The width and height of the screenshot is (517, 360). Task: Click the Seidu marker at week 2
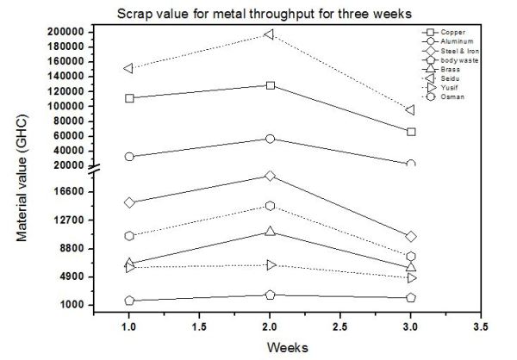point(270,34)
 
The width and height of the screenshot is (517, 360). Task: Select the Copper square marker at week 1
point(129,98)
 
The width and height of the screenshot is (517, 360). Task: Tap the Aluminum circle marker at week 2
point(270,139)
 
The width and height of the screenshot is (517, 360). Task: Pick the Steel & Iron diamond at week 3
point(411,236)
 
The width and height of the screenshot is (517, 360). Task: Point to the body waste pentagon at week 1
point(129,301)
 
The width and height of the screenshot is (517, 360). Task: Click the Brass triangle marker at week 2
point(270,232)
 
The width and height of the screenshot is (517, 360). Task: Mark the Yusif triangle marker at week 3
point(411,278)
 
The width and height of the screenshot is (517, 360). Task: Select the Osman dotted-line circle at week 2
point(270,206)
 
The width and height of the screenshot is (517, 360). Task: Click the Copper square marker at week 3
point(411,132)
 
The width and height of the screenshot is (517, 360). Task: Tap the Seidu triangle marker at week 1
point(129,68)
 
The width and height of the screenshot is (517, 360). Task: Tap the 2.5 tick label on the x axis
point(340,328)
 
